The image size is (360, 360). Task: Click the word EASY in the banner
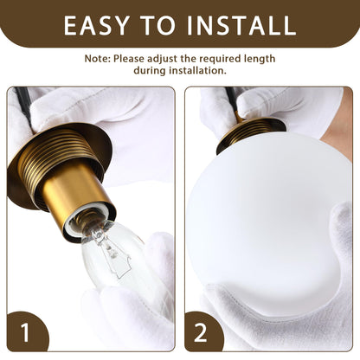96,25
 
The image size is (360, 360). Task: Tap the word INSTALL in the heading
241,25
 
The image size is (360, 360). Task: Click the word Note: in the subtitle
97,59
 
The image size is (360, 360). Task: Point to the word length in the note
260,59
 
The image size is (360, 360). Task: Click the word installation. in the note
197,70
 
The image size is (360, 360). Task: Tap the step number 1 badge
25,332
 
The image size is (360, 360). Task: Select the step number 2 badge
201,332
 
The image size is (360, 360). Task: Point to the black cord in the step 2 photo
232,98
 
